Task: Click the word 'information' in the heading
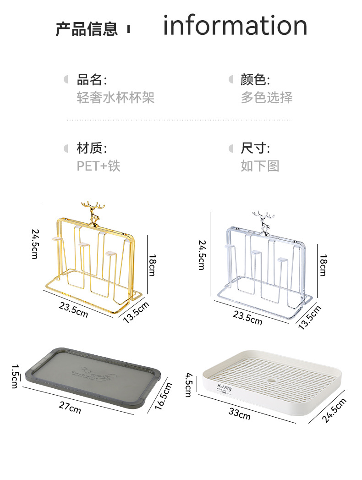tap(235, 26)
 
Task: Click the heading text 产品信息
tap(87, 28)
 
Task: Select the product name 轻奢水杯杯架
tap(115, 97)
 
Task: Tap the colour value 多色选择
tap(266, 97)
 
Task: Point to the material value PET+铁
tap(99, 166)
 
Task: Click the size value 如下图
tap(260, 166)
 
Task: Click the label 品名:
tap(92, 80)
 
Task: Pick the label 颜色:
tap(255, 80)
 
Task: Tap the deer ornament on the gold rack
tap(93, 213)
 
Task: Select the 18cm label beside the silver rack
tap(323, 265)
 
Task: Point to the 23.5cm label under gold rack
tap(73, 309)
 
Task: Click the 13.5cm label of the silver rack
tap(310, 316)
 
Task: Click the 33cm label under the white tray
tap(240, 414)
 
